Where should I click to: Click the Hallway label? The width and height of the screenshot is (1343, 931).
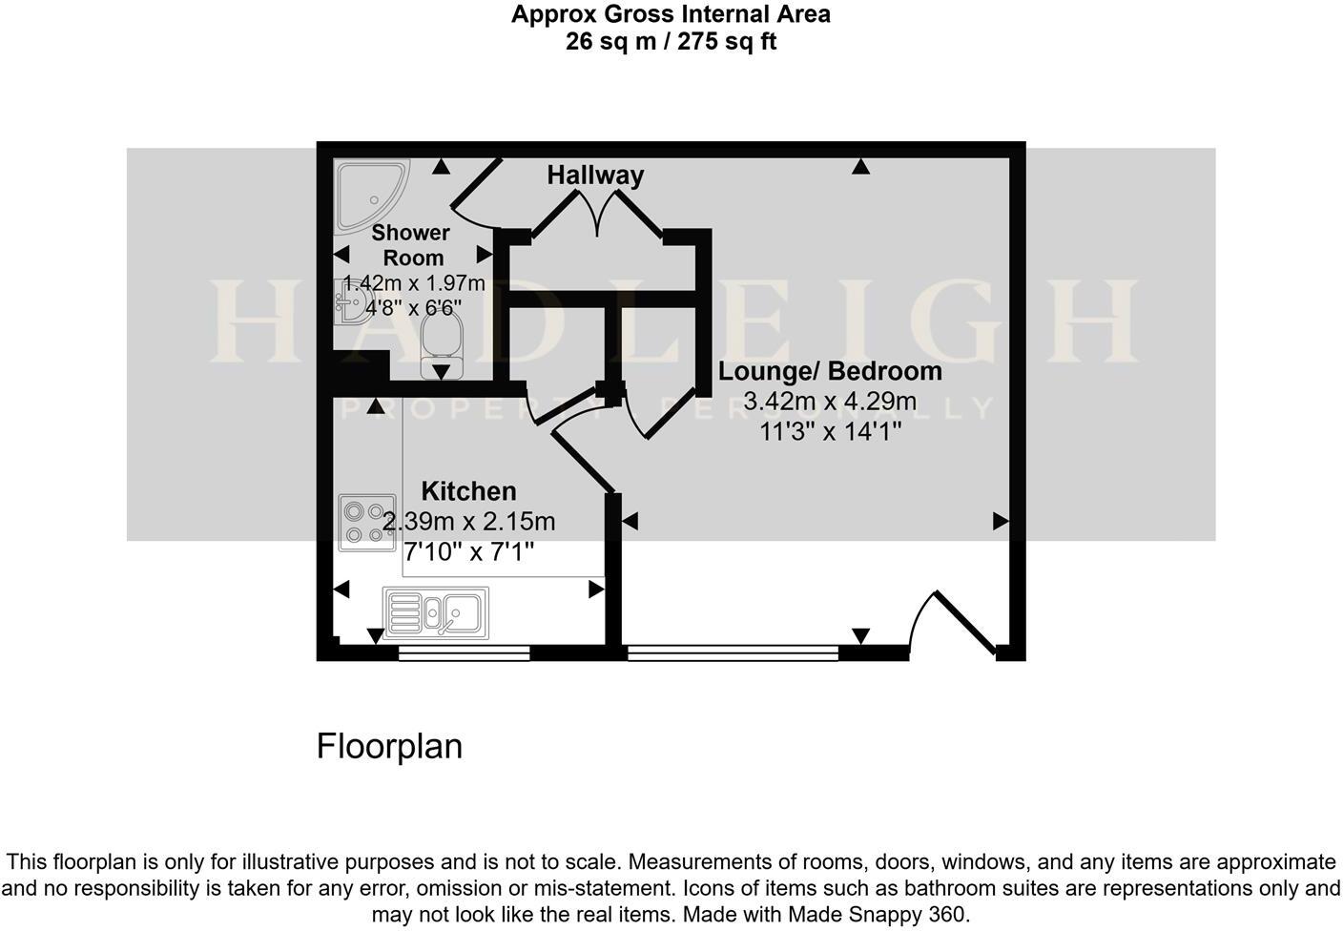point(595,176)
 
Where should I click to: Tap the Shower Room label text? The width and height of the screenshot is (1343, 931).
point(411,245)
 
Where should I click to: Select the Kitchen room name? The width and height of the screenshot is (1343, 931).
point(468,491)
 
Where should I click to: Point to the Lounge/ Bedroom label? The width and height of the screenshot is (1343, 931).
point(830,371)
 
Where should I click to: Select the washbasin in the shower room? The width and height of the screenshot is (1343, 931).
point(352,302)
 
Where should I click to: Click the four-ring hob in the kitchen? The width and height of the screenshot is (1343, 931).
point(367,523)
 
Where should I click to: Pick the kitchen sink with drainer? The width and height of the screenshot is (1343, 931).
point(436,611)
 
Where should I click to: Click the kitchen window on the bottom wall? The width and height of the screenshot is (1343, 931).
point(464,652)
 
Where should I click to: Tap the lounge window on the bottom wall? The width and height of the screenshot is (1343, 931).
point(733,652)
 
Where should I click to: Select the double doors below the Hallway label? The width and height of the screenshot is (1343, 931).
point(596,213)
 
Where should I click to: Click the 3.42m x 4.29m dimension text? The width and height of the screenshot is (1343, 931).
point(830,402)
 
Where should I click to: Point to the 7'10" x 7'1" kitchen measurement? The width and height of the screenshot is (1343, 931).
point(468,551)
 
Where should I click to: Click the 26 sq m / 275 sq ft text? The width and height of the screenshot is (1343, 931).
point(671,42)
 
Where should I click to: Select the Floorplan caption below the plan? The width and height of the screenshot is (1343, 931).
point(389,746)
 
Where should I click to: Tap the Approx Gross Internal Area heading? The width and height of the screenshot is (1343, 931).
point(671,14)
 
